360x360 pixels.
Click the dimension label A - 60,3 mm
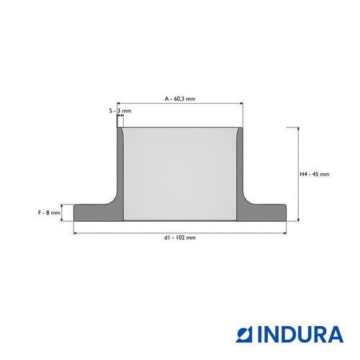pyautogui.click(x=180, y=99)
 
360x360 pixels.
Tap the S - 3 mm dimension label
pyautogui.click(x=120, y=111)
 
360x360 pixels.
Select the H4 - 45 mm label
pyautogui.click(x=315, y=174)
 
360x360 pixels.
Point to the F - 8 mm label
pyautogui.click(x=49, y=212)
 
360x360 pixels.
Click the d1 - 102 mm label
pyautogui.click(x=180, y=238)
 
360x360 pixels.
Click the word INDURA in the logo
pyautogui.click(x=300, y=334)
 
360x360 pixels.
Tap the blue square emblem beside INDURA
pyautogui.click(x=244, y=334)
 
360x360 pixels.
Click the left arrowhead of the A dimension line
pyautogui.click(x=118, y=104)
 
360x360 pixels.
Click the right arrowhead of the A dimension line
pyautogui.click(x=241, y=104)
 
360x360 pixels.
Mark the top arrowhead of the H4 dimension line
pyautogui.click(x=298, y=129)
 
